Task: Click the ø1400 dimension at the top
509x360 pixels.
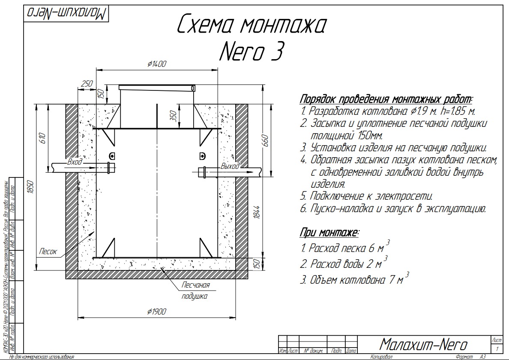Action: click(156, 64)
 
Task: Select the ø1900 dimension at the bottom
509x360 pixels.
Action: click(156, 312)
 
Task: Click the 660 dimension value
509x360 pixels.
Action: click(265, 140)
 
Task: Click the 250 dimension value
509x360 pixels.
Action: click(87, 84)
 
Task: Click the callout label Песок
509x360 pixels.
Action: click(48, 252)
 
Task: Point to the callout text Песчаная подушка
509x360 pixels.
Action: click(195, 291)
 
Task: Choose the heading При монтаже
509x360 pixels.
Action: click(329, 233)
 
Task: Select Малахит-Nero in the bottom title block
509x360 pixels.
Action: click(424, 343)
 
